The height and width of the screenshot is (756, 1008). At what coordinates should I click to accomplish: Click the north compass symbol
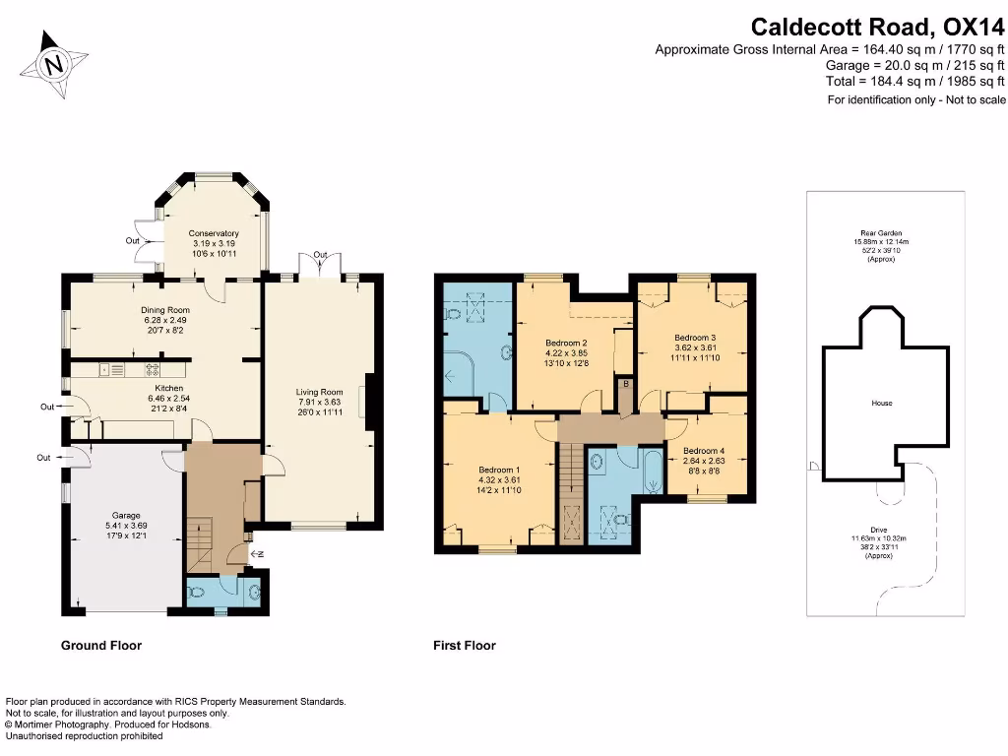(x=55, y=66)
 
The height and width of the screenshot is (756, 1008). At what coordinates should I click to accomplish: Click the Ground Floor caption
(x=101, y=646)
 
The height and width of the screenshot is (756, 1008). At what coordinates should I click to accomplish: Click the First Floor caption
(x=465, y=646)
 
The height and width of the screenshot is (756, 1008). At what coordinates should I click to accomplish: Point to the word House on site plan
(x=881, y=404)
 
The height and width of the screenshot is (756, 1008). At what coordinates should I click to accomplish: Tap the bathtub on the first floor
(x=653, y=472)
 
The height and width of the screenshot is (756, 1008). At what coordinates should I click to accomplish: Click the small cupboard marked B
(x=625, y=383)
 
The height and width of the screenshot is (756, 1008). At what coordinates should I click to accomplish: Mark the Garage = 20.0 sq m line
(x=914, y=65)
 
